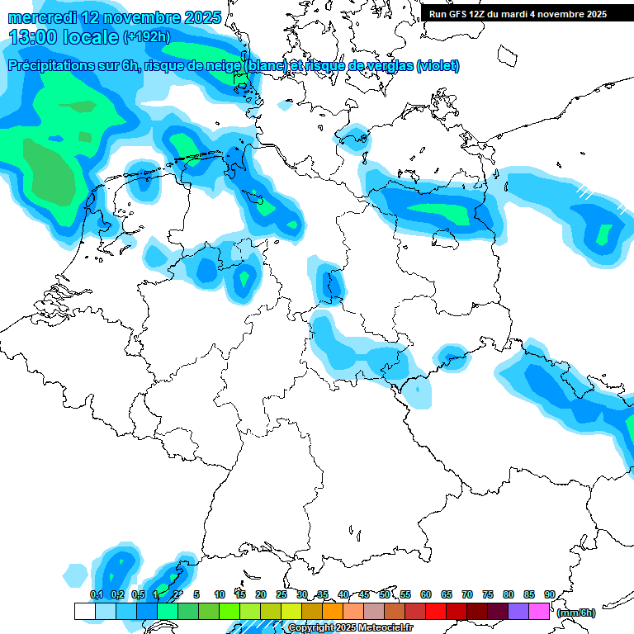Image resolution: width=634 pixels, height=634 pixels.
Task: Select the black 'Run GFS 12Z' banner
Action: tap(518, 13)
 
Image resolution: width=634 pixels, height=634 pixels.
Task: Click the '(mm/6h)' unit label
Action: tap(576, 613)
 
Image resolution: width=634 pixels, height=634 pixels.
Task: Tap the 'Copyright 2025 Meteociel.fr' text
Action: tap(351, 628)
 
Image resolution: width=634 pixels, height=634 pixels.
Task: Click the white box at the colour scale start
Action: tap(84, 611)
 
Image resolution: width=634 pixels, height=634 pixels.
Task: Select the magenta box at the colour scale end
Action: tap(539, 611)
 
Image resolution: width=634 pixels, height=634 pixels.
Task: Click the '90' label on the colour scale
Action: tap(549, 594)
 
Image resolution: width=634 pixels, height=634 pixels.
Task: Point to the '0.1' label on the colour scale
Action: tap(96, 594)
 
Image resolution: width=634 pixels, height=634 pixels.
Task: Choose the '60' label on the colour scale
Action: tap(426, 594)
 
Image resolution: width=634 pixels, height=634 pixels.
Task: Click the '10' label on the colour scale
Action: tap(220, 594)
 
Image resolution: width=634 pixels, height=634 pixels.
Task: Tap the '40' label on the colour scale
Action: tap(343, 594)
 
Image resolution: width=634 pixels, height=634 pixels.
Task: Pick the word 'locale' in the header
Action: tap(90, 37)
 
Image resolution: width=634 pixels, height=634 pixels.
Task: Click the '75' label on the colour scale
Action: tap(488, 594)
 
